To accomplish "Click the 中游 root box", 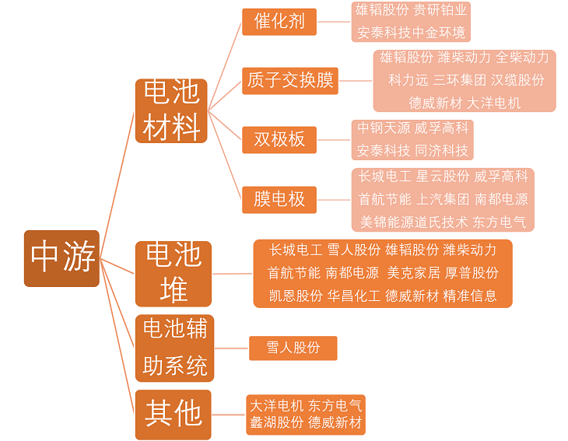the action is tap(61, 258).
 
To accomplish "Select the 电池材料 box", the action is tap(171, 110).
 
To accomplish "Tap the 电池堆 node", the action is tap(174, 274).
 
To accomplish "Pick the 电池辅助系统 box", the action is tap(174, 348).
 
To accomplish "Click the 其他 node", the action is tap(174, 415).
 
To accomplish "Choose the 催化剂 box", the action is tap(279, 22).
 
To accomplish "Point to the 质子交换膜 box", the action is tap(290, 81).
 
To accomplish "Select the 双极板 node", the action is tap(279, 140).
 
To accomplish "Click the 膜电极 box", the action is tap(279, 200).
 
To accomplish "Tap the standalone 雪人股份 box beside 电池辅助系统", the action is tap(293, 348).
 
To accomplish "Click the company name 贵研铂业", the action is tap(440, 10).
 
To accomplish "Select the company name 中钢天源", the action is tap(384, 128).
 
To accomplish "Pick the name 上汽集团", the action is tap(443, 199).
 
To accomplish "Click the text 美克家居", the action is tap(413, 273).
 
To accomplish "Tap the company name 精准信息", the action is tap(470, 296).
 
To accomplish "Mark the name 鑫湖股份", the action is tap(277, 422).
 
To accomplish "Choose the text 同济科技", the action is tap(442, 151).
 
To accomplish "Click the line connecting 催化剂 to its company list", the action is tap(334, 22).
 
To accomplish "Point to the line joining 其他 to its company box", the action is tap(229, 415).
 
